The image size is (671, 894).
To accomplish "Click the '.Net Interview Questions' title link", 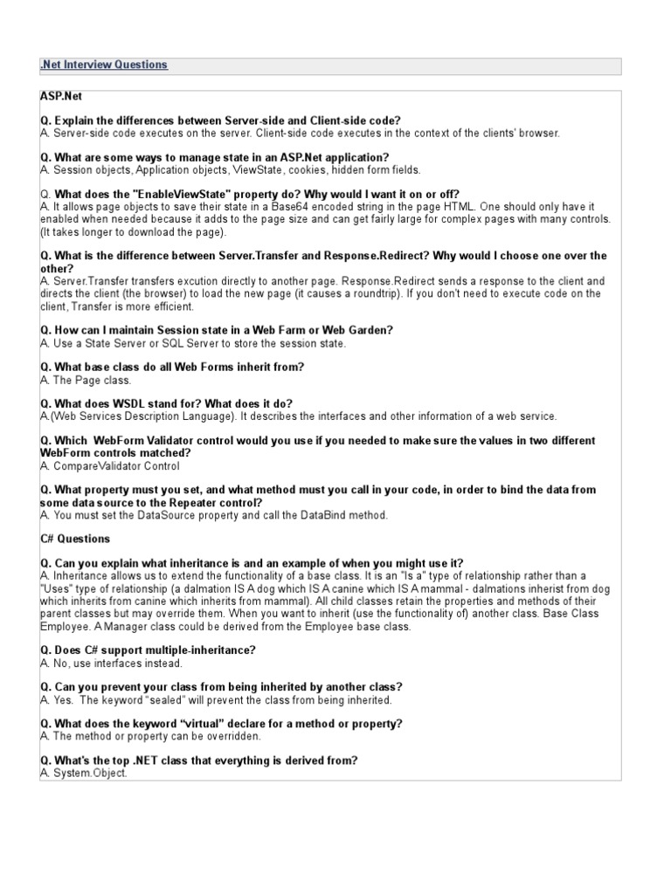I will tap(104, 65).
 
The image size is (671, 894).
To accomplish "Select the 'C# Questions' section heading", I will tap(75, 539).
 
